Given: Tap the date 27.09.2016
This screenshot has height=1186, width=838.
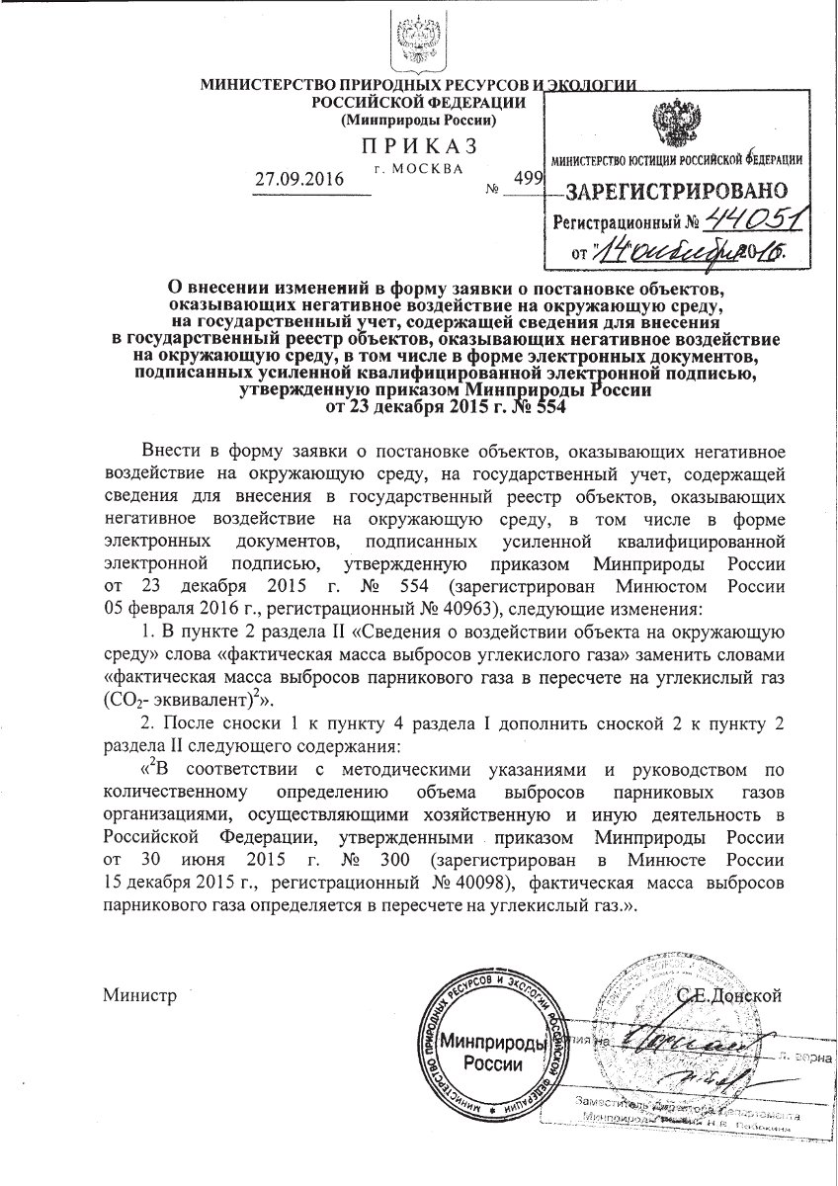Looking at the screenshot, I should (x=297, y=180).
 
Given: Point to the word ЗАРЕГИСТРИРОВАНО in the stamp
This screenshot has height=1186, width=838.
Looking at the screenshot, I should (x=676, y=189).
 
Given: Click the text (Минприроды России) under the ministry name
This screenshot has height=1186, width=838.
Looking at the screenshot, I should (x=418, y=121).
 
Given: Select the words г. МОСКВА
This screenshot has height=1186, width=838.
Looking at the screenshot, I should (x=418, y=168).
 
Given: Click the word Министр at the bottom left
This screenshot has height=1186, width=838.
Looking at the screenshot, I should (x=139, y=995).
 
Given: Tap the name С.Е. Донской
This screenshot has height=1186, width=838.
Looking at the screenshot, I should (x=729, y=994).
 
